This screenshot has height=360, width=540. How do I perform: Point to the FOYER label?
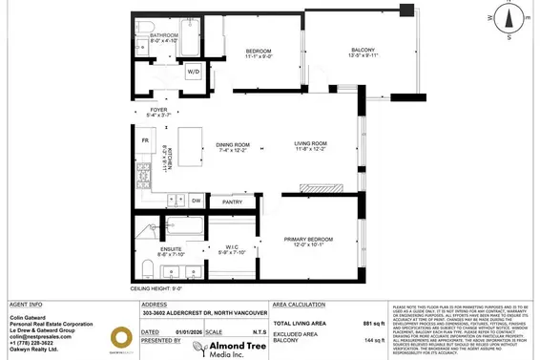[x=160, y=110]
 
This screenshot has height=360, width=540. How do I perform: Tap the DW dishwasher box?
[x=195, y=201]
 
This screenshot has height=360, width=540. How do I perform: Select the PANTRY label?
[x=231, y=202]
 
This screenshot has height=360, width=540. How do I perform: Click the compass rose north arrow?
[x=509, y=16]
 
